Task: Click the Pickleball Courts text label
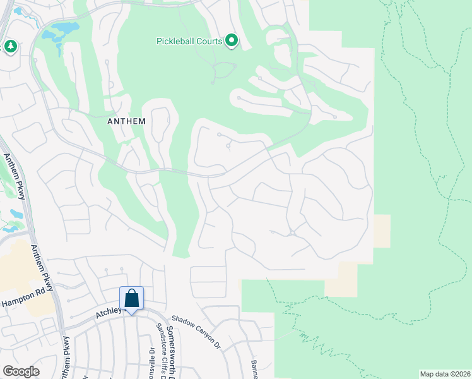tap(189, 42)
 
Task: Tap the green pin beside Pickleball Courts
tap(232, 42)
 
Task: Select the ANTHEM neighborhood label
tap(127, 121)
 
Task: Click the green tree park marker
tap(10, 47)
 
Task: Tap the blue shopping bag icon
tap(131, 299)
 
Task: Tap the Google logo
tap(21, 371)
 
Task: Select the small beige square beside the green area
tap(382, 231)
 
